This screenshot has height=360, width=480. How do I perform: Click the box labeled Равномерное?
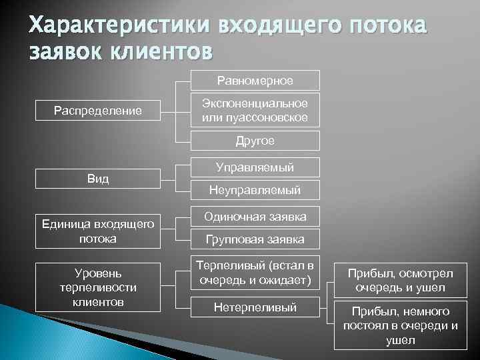(x=255, y=81)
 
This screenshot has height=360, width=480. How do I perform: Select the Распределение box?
(x=97, y=110)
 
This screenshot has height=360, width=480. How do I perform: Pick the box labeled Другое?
(x=255, y=141)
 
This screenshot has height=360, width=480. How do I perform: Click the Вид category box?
(x=97, y=179)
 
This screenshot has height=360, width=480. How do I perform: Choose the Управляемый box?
(x=255, y=167)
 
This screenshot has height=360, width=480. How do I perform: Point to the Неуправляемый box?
(x=255, y=190)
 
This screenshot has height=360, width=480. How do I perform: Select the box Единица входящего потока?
(x=97, y=230)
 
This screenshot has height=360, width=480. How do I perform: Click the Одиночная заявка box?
(x=255, y=216)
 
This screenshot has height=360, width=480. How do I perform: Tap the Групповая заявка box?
(x=255, y=239)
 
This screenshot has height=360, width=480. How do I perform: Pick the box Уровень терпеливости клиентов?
(x=97, y=286)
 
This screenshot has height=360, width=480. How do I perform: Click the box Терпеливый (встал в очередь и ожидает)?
(x=255, y=273)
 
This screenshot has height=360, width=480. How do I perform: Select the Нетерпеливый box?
(x=255, y=307)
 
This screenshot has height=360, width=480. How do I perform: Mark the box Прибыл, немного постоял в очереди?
(x=400, y=325)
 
